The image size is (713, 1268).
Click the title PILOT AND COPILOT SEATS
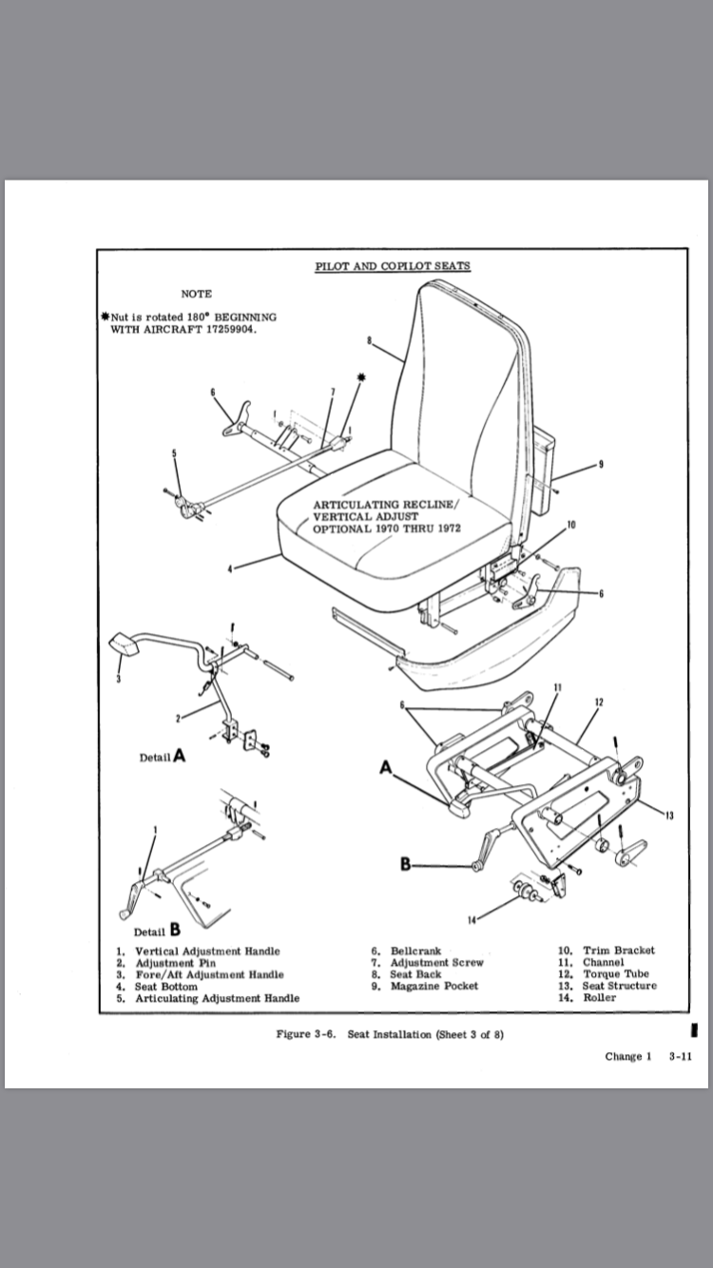[x=392, y=266]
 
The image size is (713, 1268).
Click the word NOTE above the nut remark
[x=196, y=294]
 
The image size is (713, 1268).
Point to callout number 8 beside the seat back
[x=368, y=339]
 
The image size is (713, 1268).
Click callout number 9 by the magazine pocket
[x=601, y=464]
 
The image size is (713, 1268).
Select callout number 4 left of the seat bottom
[x=229, y=569]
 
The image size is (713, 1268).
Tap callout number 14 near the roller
[x=472, y=919]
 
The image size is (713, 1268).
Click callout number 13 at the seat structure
[x=670, y=820]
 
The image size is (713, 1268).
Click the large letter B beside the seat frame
[x=406, y=864]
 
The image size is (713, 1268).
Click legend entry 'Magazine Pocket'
[x=434, y=986]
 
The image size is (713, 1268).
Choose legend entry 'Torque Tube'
[x=615, y=974]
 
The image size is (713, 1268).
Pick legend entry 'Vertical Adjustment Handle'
[x=207, y=951]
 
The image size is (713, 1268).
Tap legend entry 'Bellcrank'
[x=415, y=951]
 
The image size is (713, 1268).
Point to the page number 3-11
[x=679, y=1056]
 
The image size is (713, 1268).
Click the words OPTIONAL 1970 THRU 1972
[x=387, y=528]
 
